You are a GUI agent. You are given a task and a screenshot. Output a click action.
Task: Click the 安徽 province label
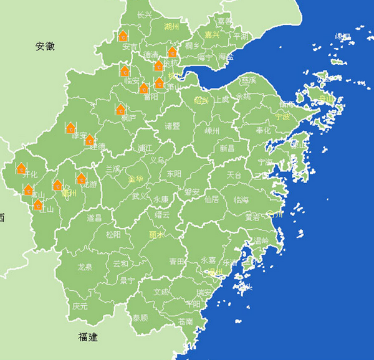45,46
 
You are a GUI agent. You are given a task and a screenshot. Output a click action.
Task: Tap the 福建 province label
88,338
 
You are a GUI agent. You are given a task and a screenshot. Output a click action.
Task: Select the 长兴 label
145,15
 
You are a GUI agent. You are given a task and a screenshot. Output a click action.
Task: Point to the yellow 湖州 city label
171,27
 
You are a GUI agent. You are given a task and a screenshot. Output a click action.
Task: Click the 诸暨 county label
172,126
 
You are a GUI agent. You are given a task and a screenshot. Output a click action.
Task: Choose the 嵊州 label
212,131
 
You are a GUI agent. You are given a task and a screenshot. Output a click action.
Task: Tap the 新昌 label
227,148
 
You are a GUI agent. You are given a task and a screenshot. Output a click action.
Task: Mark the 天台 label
234,175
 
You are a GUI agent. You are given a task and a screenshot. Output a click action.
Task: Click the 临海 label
241,200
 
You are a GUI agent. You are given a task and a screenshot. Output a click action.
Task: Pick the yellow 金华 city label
135,179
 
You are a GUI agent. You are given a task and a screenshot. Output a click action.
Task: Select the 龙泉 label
85,267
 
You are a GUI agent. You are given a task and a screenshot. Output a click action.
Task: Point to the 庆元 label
80,306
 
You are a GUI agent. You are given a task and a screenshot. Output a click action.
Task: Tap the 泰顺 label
140,317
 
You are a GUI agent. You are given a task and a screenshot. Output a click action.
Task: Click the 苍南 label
185,321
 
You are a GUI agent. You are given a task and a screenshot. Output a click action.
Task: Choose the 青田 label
177,262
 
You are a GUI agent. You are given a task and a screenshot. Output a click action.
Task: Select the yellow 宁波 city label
282,116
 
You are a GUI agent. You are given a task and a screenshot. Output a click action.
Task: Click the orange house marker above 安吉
123,36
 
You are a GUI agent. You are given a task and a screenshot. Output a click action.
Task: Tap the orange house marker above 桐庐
120,110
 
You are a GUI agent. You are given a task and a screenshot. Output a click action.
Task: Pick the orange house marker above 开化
21,168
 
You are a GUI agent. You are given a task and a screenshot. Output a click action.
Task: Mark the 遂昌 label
94,218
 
